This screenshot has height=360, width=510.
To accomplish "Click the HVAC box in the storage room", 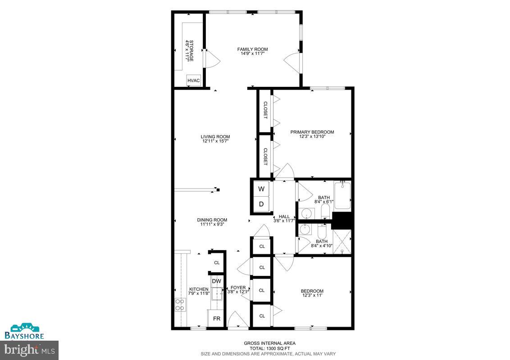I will click(194, 81).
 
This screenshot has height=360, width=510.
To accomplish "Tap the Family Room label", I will click(253, 49).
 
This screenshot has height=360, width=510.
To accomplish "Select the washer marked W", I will click(261, 189).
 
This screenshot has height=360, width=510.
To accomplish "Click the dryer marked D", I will click(261, 205).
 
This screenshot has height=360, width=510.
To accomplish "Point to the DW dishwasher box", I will click(217, 281).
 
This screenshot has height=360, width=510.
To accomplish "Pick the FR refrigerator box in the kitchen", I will click(217, 318).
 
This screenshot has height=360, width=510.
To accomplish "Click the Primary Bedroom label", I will click(312, 132).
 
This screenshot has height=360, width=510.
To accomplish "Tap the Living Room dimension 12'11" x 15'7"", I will click(215, 141).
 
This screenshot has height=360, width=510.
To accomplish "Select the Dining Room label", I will click(212, 220).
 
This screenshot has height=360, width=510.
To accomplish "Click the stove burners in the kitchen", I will click(181, 305).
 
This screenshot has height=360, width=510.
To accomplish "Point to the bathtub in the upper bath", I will click(342, 195).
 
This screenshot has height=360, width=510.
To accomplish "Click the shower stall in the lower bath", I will click(342, 242).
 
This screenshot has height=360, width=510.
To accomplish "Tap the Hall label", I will click(284, 216).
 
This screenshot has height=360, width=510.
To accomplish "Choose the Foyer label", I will click(238, 288).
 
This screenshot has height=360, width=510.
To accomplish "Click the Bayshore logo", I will click(24, 331).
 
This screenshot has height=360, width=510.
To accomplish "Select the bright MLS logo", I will click(29, 350).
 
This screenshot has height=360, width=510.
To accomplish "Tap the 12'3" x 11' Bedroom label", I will click(312, 291).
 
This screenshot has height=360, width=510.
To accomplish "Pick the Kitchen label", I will click(199, 289).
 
